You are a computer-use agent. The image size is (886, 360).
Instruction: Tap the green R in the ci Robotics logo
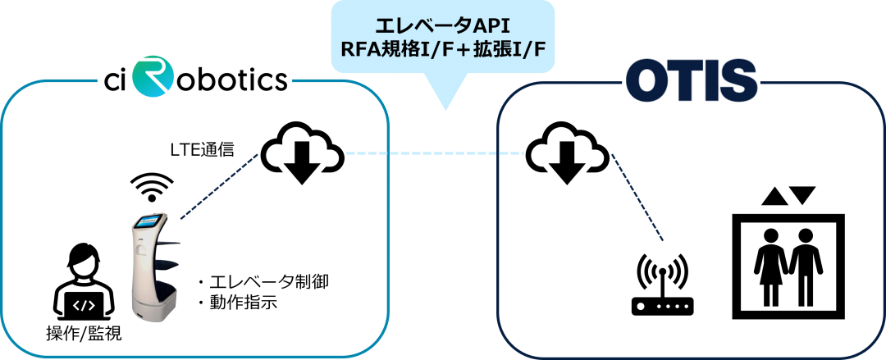click(153, 75)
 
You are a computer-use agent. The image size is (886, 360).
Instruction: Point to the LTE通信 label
click(202, 150)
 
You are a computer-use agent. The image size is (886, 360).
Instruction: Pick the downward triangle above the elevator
click(804, 195)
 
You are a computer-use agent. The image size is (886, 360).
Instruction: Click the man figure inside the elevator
click(806, 265)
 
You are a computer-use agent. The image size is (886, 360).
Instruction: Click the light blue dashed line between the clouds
click(435, 153)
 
